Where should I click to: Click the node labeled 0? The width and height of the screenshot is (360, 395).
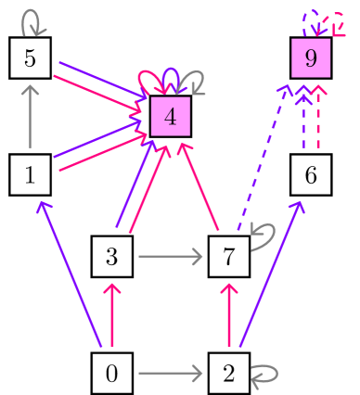click(x=112, y=374)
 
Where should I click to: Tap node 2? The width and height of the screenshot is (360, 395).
click(x=229, y=374)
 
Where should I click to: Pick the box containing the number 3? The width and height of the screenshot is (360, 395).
click(x=112, y=256)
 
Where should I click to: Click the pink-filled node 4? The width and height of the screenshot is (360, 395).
click(x=170, y=117)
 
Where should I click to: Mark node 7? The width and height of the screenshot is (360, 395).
click(x=229, y=256)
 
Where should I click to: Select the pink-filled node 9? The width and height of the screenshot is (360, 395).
click(x=311, y=58)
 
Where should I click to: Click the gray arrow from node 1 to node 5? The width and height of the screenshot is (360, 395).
click(x=31, y=117)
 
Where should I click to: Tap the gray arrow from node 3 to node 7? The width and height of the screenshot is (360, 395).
click(x=170, y=256)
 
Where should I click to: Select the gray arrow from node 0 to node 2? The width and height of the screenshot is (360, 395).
click(x=170, y=374)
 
